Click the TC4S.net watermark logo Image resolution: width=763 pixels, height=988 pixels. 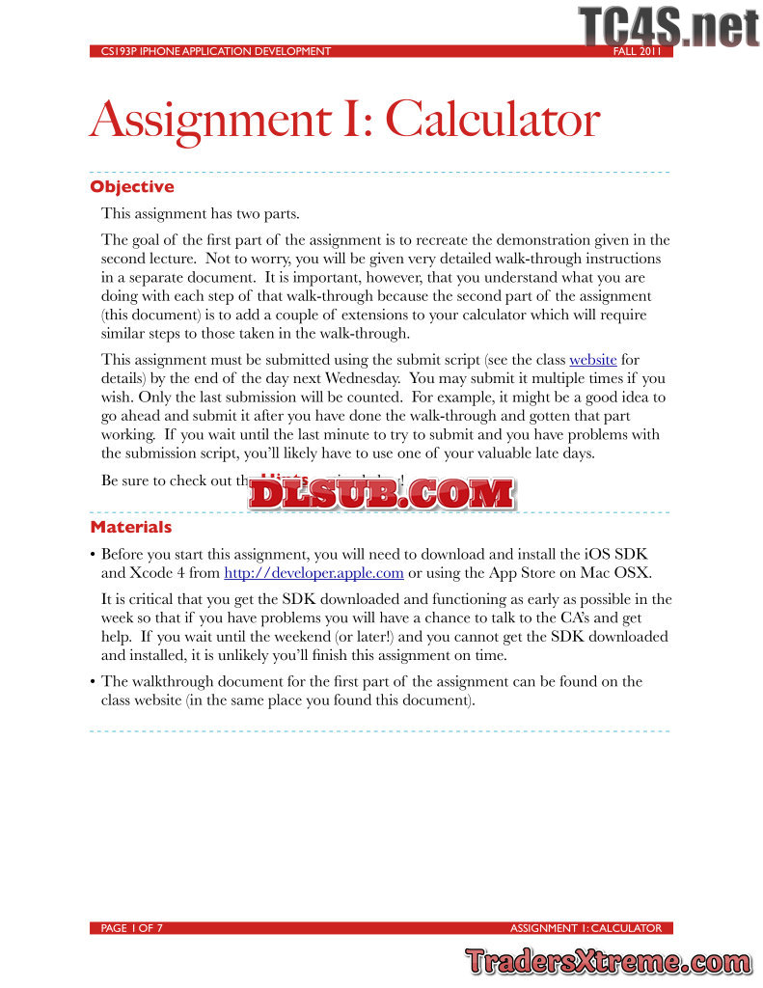(668, 26)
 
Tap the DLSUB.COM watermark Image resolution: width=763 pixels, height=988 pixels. (382, 494)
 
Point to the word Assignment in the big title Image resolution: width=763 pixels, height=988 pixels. (198, 121)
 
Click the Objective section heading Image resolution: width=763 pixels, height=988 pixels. (132, 186)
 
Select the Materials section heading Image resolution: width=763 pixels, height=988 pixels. (131, 527)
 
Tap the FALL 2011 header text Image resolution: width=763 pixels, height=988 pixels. (638, 52)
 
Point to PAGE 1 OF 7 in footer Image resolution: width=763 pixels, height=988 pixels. (132, 928)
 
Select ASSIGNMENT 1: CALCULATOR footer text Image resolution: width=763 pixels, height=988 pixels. (586, 928)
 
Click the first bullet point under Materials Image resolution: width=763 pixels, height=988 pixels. (93, 555)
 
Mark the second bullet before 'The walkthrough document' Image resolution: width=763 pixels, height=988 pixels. (93, 682)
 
